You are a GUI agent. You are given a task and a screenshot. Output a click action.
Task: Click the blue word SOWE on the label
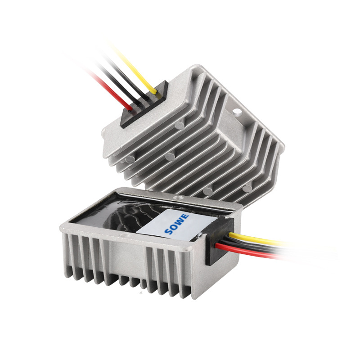coord(177,224)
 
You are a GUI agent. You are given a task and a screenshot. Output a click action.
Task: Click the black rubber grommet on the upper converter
coord(144,104)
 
